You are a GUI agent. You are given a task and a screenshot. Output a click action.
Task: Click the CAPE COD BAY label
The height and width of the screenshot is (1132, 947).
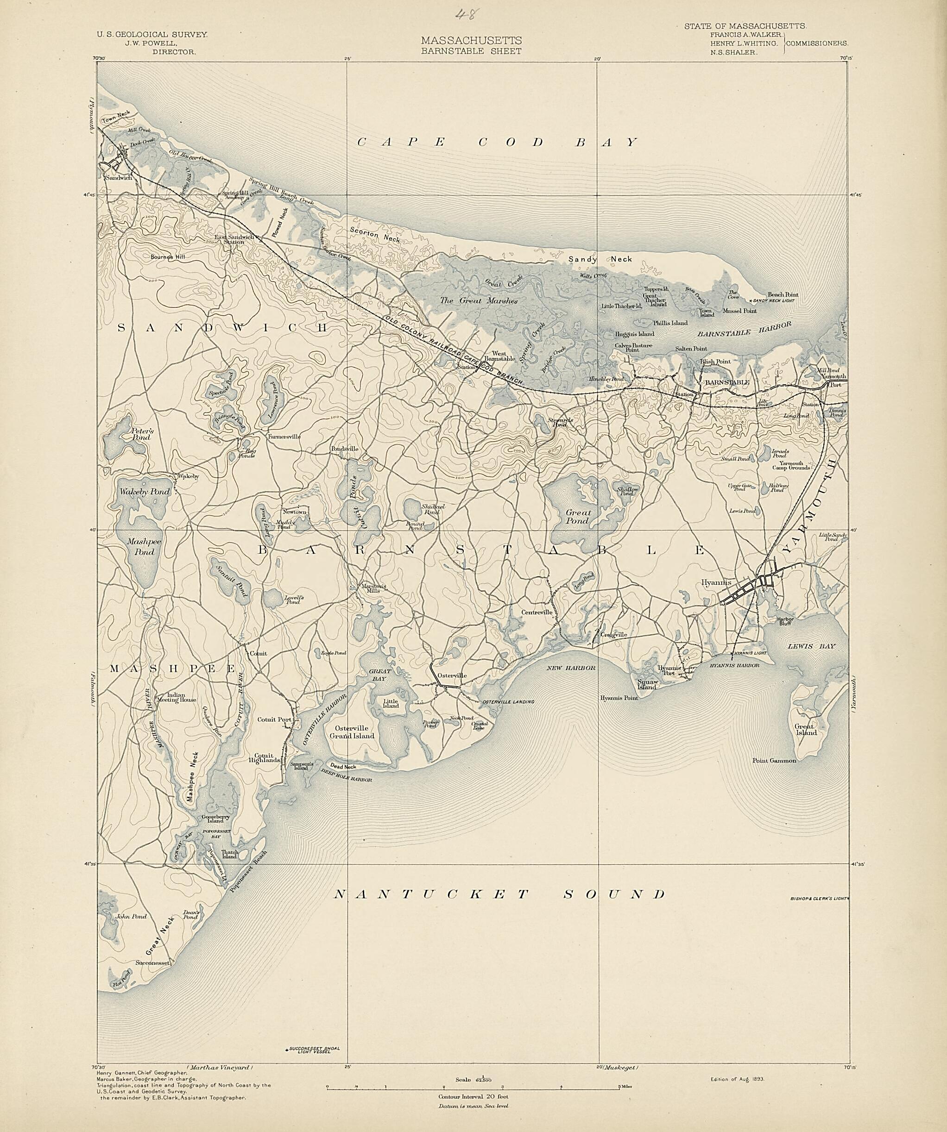point(497,142)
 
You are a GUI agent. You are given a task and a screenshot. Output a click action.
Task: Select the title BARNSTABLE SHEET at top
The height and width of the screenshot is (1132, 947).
point(471,51)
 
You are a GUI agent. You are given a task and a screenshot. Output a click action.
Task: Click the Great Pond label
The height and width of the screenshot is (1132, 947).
point(578,516)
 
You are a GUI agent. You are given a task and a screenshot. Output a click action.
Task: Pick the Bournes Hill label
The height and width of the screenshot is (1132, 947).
point(168,257)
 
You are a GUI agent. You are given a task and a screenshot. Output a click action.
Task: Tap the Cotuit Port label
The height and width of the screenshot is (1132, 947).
point(274,719)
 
